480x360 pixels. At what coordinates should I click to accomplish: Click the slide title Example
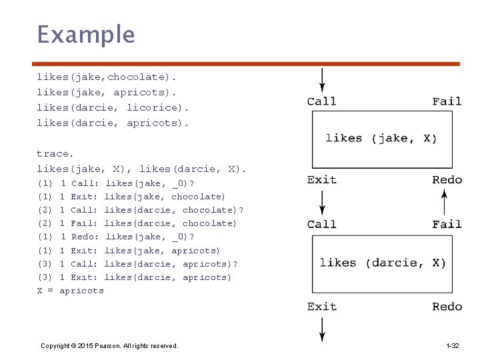[x=86, y=35]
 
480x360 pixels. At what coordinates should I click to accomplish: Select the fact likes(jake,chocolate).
[x=106, y=77]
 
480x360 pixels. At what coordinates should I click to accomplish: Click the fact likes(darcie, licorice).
[x=113, y=108]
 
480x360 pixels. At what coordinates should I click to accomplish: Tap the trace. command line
[x=55, y=154]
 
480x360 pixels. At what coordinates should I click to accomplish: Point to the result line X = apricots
[x=71, y=291]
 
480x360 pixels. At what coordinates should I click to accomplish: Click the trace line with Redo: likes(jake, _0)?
[x=116, y=237]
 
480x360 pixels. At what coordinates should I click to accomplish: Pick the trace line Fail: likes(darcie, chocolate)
[x=137, y=223]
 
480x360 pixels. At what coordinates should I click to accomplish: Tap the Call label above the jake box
[x=322, y=101]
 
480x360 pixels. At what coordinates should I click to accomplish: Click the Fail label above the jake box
[x=447, y=101]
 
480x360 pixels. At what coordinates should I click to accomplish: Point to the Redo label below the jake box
[x=447, y=180]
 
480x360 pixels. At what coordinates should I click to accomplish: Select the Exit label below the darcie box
[x=322, y=307]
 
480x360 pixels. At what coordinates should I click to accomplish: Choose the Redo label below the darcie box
[x=447, y=307]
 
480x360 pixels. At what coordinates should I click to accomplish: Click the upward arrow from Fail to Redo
[x=445, y=203]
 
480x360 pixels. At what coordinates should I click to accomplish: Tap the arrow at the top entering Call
[x=322, y=80]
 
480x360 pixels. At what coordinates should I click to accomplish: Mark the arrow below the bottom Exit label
[x=322, y=330]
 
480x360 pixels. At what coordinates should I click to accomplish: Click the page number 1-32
[x=453, y=346]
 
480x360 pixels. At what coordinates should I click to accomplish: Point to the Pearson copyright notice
[x=109, y=346]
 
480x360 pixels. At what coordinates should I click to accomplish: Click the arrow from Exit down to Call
[x=322, y=203]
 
